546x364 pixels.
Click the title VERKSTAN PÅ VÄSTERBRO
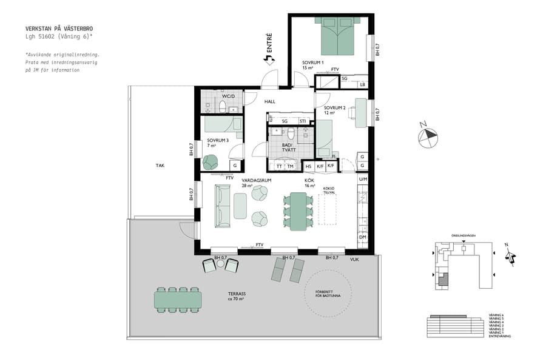tap(59, 29)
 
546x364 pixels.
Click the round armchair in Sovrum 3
tap(211, 162)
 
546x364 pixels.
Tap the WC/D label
tap(228, 96)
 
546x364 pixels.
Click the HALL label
tap(269, 101)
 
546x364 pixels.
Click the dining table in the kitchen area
tap(298, 211)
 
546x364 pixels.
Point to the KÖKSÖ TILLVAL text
tap(329, 190)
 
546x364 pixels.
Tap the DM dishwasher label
tap(363, 237)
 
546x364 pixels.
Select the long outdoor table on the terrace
tap(178, 299)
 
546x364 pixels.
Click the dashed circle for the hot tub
tap(328, 294)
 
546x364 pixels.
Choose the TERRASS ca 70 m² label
tap(237, 295)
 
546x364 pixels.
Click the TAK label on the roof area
tap(160, 165)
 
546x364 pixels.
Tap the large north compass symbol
tap(428, 135)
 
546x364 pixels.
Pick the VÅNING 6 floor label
tap(496, 314)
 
